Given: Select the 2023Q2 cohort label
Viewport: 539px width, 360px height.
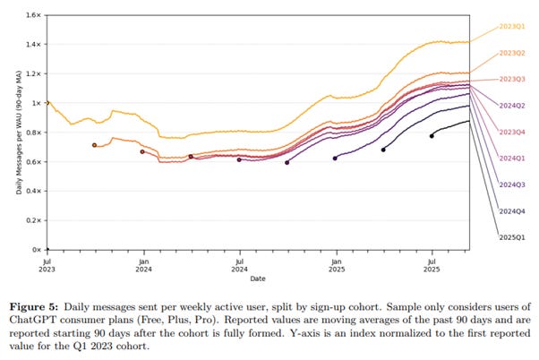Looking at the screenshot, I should tap(512, 53).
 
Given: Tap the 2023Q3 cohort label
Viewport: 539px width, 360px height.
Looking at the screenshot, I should tap(512, 80).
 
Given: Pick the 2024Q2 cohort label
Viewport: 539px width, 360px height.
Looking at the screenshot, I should tap(512, 106).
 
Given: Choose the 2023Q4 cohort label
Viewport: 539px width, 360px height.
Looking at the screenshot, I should tap(512, 132).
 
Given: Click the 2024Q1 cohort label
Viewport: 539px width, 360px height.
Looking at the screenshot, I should tap(512, 159).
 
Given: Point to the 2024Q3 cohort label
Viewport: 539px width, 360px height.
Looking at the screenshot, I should tap(512, 184).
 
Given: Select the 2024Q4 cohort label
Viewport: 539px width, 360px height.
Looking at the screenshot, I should tap(512, 211).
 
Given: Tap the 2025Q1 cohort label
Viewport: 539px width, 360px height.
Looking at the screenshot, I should tap(512, 237).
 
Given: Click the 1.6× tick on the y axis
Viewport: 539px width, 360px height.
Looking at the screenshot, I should tap(34, 15).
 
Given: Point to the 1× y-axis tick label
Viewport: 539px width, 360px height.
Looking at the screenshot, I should tap(36, 103).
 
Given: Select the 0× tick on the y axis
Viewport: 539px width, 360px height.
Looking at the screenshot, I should tap(36, 250).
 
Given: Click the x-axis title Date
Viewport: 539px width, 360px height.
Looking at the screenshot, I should tap(258, 279).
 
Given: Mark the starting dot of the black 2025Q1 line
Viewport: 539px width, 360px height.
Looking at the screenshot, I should tap(432, 136).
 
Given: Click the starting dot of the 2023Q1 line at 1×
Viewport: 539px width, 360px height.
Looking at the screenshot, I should tap(47, 103).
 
